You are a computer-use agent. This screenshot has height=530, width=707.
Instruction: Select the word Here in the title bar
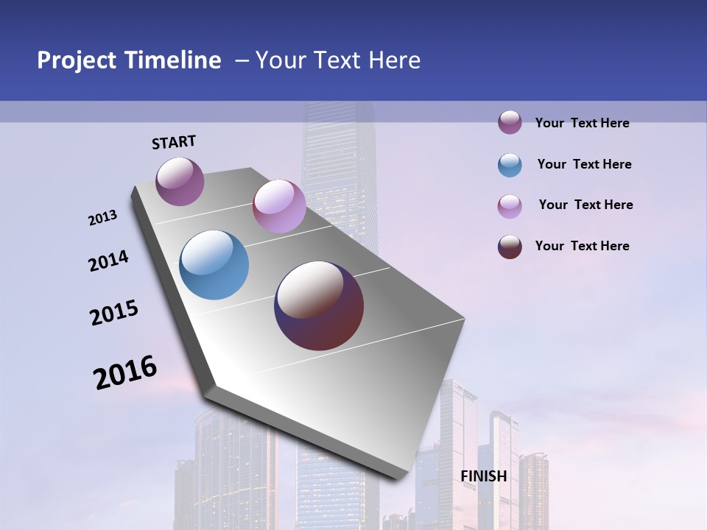click(x=394, y=60)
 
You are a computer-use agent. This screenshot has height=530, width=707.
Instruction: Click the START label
click(x=174, y=142)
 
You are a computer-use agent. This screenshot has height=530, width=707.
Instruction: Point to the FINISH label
click(x=483, y=476)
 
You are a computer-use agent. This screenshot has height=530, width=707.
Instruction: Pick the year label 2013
click(x=102, y=218)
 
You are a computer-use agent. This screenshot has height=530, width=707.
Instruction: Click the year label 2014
click(x=108, y=261)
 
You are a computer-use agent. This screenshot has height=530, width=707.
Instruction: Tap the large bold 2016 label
click(x=125, y=372)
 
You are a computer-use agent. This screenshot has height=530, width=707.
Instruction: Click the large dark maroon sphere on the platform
click(x=319, y=305)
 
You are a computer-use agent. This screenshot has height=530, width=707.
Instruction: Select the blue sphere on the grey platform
click(x=214, y=265)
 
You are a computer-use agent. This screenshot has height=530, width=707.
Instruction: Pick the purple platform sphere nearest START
click(x=180, y=181)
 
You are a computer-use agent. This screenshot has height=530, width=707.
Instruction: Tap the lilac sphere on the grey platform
click(x=279, y=205)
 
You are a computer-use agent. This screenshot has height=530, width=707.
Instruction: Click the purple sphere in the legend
click(x=510, y=122)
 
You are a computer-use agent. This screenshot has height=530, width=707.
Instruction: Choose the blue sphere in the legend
click(x=510, y=165)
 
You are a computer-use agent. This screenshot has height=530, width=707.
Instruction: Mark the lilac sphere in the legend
click(x=510, y=206)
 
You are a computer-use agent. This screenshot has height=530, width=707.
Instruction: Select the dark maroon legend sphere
click(x=510, y=247)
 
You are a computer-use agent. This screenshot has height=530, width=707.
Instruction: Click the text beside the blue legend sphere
click(x=584, y=164)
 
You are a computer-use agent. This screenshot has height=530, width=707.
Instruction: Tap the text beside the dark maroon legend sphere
click(x=582, y=246)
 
